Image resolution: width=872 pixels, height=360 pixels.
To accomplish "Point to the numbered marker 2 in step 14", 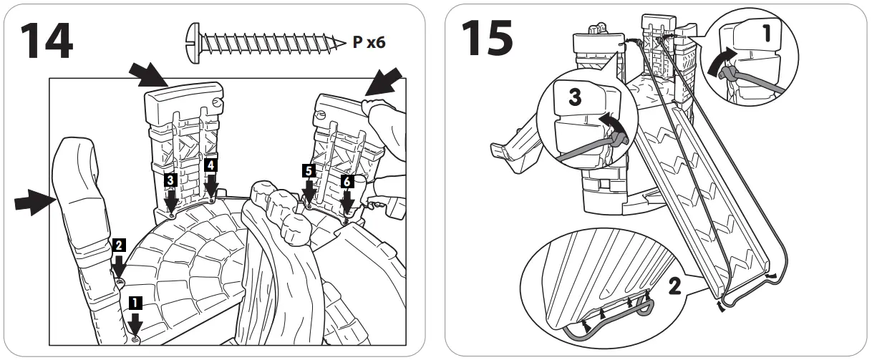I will (117, 245).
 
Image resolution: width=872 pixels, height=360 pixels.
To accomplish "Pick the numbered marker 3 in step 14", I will (170, 180).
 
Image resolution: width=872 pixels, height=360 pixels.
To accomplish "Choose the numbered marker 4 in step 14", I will (211, 165).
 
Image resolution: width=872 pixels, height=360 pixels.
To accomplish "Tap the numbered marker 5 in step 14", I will (308, 171).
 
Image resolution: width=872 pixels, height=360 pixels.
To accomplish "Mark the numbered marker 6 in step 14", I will (347, 183).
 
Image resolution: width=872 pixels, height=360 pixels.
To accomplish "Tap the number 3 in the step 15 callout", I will (575, 98).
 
